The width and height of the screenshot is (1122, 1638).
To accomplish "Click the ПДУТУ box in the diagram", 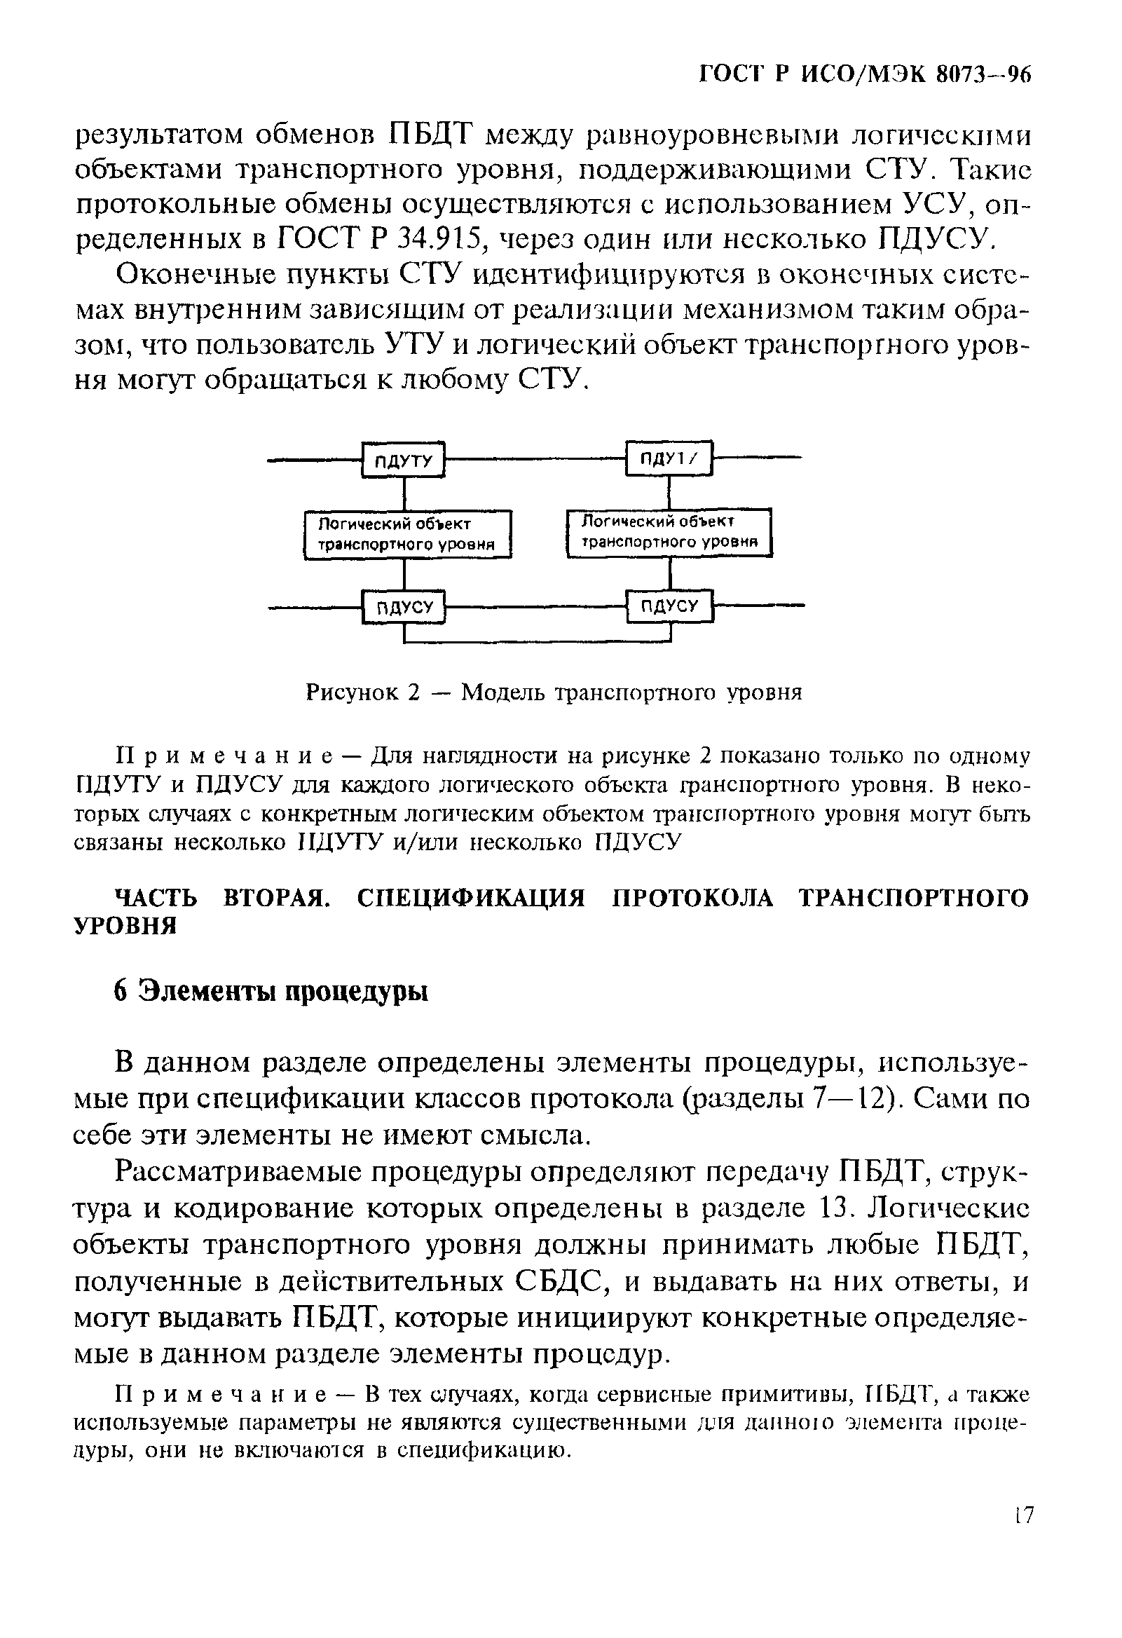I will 403,460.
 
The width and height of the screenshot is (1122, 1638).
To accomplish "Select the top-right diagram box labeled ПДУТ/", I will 669,459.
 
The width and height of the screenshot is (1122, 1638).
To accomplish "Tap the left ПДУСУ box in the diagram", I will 404,607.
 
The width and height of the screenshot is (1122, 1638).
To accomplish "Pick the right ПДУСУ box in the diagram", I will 669,605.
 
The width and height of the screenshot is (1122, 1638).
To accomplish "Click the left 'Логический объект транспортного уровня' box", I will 406,534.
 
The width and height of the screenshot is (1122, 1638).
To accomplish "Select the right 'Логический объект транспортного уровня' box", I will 669,532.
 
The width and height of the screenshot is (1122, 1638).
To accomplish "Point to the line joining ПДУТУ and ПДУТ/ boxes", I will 535,459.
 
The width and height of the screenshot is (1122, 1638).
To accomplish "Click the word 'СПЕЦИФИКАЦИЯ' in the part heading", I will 471,899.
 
